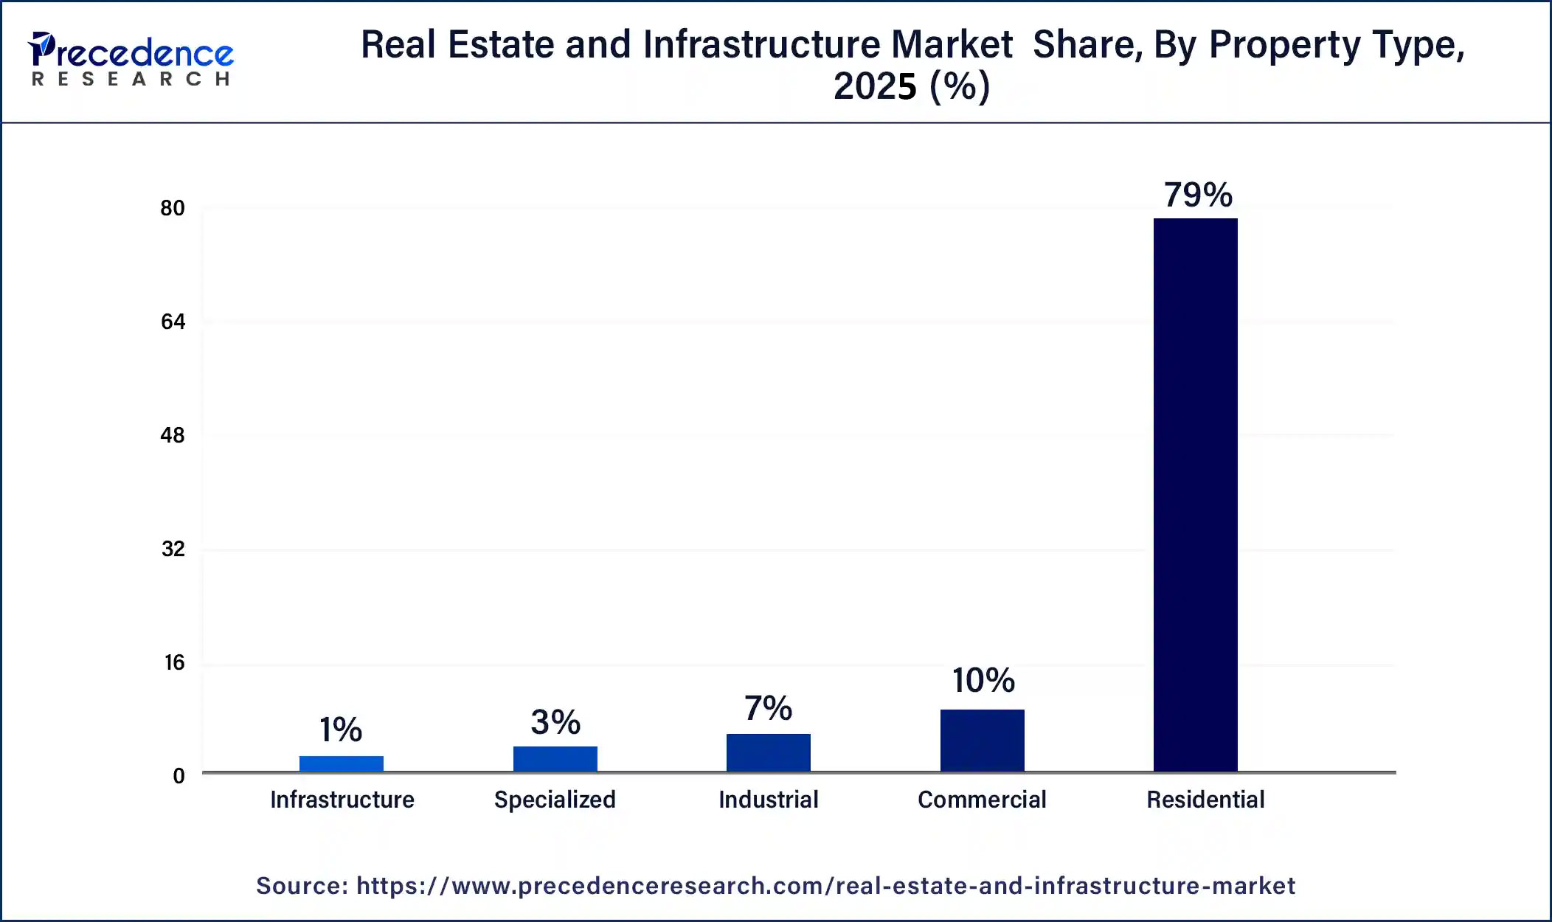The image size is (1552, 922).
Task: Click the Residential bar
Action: pos(1195,494)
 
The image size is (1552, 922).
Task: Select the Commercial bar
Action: pos(982,741)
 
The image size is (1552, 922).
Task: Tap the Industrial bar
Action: pos(768,752)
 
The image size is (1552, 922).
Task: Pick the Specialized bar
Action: pos(555,759)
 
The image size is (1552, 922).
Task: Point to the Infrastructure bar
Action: pos(341,763)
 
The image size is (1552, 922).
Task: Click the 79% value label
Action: pos(1198,195)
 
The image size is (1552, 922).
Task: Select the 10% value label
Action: pos(983,680)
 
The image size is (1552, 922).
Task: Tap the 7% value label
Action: pos(768,708)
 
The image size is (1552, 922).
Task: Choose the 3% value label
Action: pos(555,722)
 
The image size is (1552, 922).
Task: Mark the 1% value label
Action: pos(341,730)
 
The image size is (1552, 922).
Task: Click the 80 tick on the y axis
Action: pos(173,209)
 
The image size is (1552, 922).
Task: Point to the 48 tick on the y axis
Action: pos(173,436)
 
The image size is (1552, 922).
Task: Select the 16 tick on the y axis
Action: pos(174,663)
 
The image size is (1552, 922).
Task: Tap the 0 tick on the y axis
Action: pos(179,776)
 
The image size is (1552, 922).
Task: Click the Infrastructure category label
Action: pos(342,800)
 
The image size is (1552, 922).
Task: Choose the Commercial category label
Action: pos(982,800)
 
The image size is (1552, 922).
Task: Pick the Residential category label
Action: pos(1205,800)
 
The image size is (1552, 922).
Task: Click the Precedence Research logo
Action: pos(131,59)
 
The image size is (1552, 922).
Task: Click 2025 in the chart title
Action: pos(875,86)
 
